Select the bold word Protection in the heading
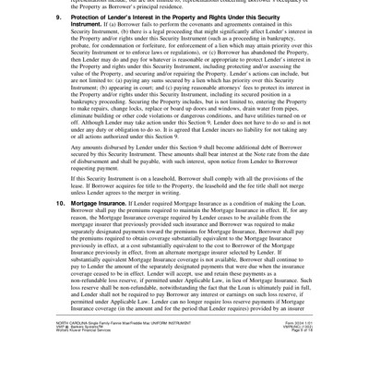pos(77,18)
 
